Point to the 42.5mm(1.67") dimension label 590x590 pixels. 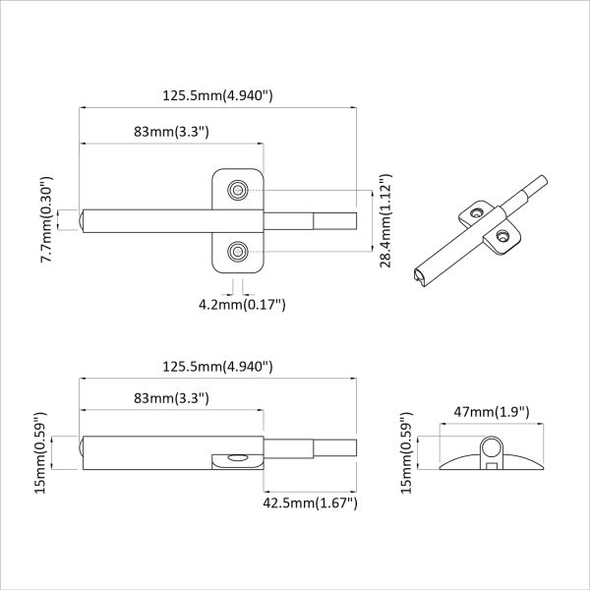(x=309, y=502)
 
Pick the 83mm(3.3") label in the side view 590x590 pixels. (x=171, y=397)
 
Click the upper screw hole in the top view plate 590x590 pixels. (x=237, y=189)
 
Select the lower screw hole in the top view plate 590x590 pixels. (x=237, y=253)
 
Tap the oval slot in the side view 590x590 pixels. (x=236, y=457)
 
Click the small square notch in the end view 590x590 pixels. (x=489, y=466)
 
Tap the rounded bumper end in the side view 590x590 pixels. (x=81, y=452)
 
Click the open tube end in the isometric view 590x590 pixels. (x=422, y=278)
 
